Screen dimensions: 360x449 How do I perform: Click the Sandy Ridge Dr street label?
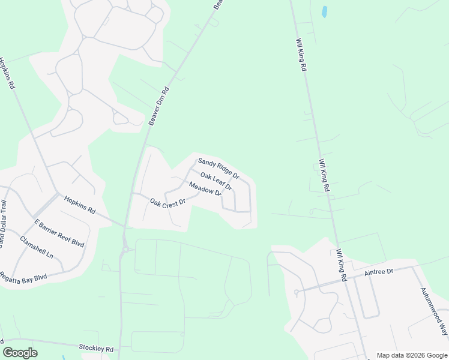[218, 169]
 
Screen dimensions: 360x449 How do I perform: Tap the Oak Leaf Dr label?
[215, 182]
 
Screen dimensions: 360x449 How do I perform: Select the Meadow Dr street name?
[205, 190]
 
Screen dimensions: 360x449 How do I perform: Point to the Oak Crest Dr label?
[167, 203]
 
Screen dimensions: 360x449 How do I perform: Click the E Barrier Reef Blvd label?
[59, 234]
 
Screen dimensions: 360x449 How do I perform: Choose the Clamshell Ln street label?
[37, 247]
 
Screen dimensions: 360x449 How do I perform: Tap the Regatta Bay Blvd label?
[23, 275]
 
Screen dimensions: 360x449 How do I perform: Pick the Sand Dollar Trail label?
[2, 224]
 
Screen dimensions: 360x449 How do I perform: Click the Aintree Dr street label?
[379, 272]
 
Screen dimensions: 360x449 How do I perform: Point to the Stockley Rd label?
[96, 348]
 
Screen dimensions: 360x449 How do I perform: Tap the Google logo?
[20, 353]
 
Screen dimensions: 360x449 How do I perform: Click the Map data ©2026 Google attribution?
[411, 355]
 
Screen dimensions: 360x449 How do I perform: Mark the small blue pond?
[325, 11]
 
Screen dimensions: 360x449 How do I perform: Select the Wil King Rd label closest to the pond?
[301, 56]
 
